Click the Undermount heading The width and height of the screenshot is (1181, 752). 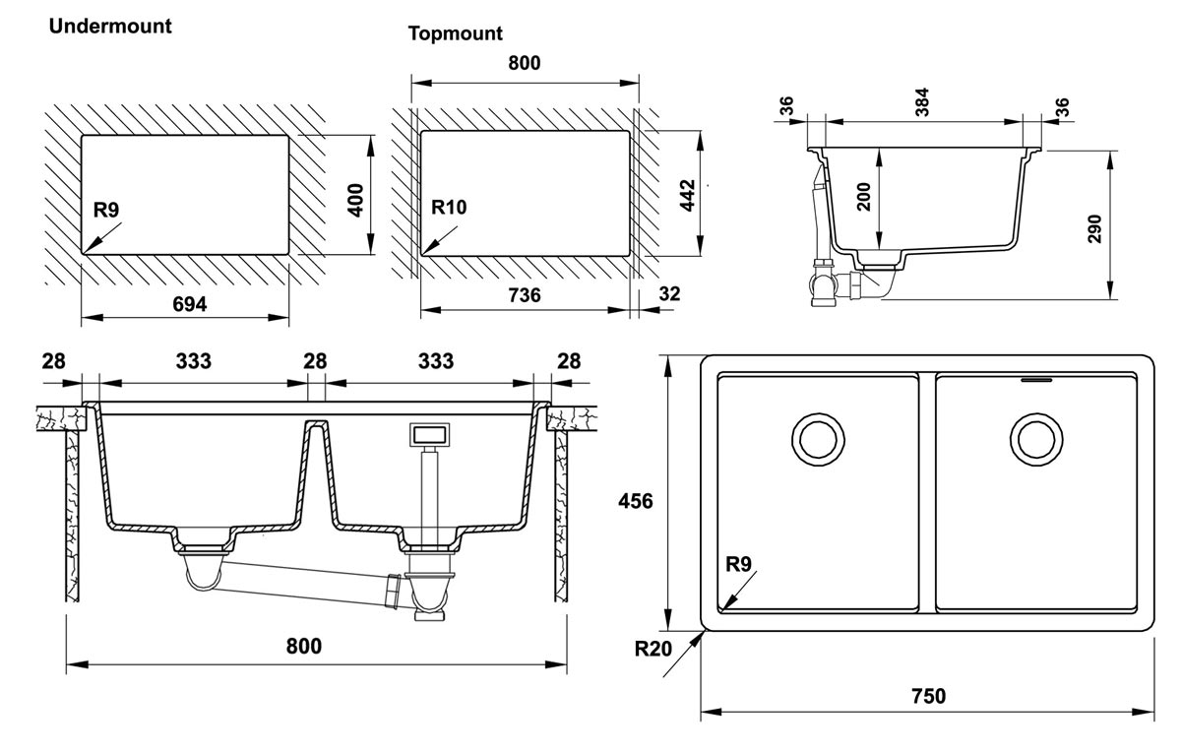coord(110,27)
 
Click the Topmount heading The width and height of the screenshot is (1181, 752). coord(456,33)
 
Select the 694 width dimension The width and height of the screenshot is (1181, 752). coord(190,304)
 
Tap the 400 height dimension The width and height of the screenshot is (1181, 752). coord(356,200)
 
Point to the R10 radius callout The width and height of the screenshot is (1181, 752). coord(449,207)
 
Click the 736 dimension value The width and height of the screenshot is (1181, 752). coord(525,296)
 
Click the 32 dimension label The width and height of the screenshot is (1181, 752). coord(668,293)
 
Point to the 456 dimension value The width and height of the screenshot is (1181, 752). coord(636,501)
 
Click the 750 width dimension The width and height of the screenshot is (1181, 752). coord(927,697)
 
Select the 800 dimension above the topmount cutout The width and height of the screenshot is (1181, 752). coord(524,64)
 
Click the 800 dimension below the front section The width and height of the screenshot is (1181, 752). coord(304,647)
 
